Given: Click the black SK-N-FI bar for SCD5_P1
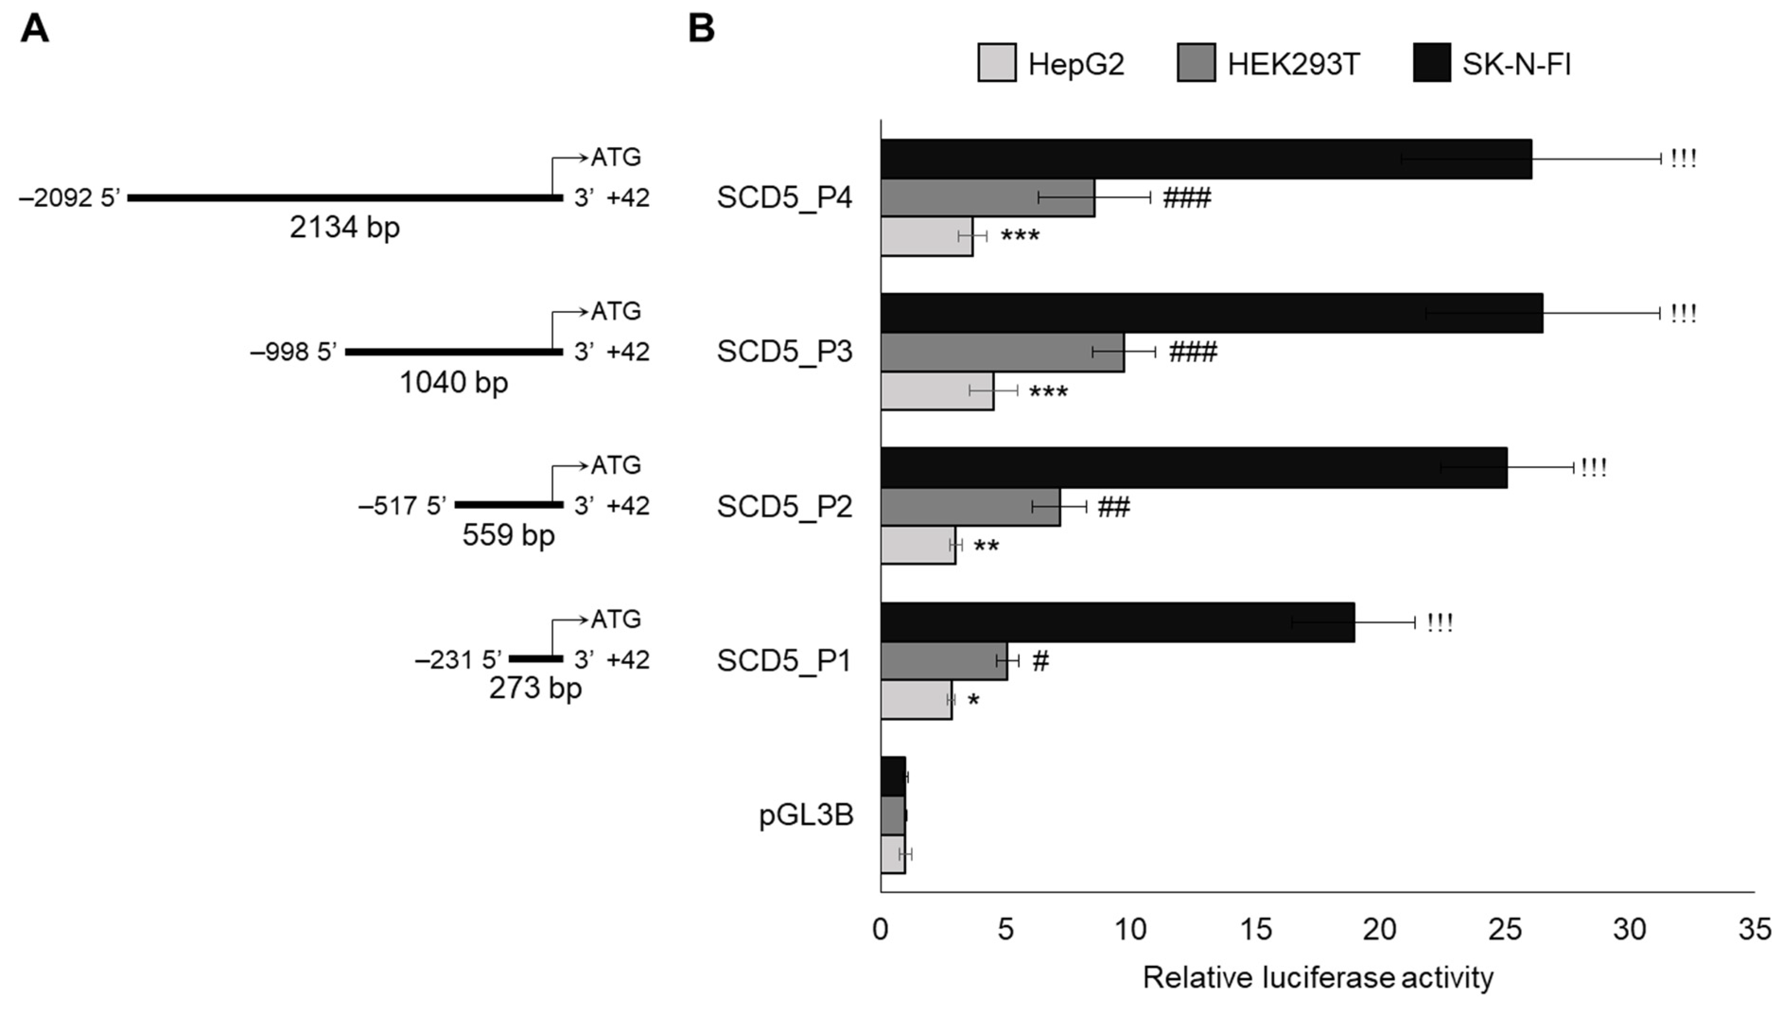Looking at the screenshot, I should [x=1117, y=622].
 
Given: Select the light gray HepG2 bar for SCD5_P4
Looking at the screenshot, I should [x=926, y=237].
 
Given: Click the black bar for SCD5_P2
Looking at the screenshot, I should [x=1194, y=467].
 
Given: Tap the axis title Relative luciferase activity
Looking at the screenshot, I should [x=1318, y=978].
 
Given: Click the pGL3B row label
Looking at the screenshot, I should [x=806, y=815].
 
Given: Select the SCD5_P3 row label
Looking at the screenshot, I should [x=784, y=352].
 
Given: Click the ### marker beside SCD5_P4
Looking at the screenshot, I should [x=1187, y=199].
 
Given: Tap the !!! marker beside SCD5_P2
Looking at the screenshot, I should [x=1594, y=467].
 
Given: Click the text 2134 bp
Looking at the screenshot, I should [x=344, y=228].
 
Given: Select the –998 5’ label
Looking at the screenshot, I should [x=293, y=352].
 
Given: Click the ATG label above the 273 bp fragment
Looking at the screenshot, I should [x=616, y=619].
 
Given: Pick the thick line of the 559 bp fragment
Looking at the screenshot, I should [x=509, y=505].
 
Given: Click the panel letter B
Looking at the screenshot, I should [x=701, y=29].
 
